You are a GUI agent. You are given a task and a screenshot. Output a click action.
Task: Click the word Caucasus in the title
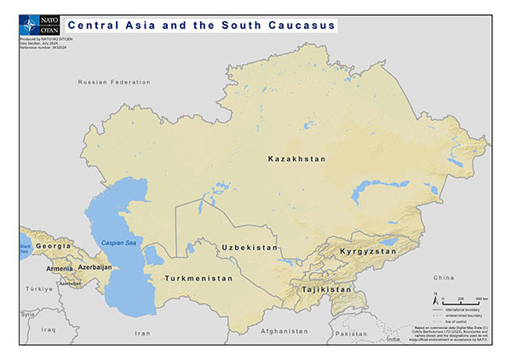coord(300,26)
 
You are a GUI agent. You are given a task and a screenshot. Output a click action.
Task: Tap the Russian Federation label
coord(113,82)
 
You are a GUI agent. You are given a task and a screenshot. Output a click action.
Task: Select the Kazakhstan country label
coord(296,159)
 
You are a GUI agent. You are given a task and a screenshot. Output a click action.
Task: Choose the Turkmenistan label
coord(198,278)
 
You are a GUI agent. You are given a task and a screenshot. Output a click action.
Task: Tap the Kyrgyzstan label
coord(368,252)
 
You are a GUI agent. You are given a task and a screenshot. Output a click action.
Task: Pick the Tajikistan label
coord(325,289)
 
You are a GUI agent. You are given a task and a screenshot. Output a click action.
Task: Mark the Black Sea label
coord(24,249)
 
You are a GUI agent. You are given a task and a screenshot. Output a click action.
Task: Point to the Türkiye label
coord(38,289)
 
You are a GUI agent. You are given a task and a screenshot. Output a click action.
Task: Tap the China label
coord(444,277)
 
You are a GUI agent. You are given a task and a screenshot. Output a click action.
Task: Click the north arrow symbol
coord(438,298)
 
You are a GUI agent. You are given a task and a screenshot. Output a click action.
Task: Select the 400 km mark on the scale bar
coord(481,300)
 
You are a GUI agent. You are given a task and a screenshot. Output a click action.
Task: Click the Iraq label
coord(49,329)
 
